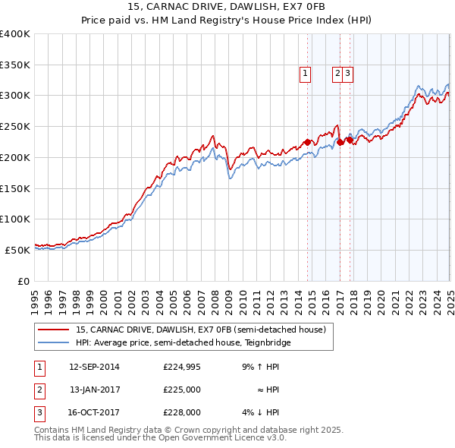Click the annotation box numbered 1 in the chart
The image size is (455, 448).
[304, 74]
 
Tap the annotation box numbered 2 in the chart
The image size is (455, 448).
[337, 74]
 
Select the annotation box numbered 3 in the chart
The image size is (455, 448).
[347, 74]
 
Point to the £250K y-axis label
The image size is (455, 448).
[15, 127]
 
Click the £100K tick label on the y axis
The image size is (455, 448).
[15, 219]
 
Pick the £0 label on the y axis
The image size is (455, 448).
[24, 280]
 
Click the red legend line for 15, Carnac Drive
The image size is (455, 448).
[53, 330]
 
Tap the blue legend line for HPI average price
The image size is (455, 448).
[53, 342]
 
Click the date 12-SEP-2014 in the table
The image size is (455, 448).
[94, 367]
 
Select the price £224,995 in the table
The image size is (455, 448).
[182, 367]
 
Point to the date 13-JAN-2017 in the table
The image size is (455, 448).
[94, 390]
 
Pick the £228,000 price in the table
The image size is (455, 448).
[182, 412]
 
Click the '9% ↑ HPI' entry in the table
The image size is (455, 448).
[260, 367]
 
